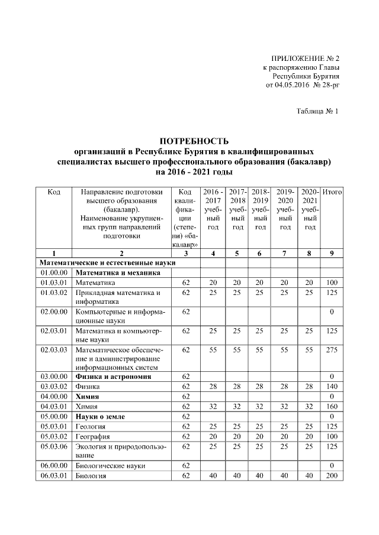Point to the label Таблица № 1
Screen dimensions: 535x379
click(x=317, y=111)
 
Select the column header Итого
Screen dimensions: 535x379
click(x=332, y=193)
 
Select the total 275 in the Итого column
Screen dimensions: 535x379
click(x=332, y=351)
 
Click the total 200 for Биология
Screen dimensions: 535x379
click(x=332, y=476)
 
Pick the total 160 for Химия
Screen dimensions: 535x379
click(x=332, y=407)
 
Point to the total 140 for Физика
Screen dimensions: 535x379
click(x=332, y=386)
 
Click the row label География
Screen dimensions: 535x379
click(x=90, y=436)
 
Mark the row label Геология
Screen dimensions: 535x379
click(x=89, y=426)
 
